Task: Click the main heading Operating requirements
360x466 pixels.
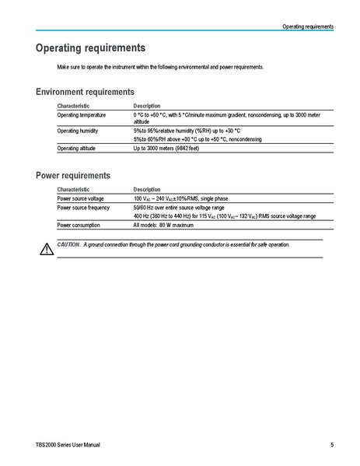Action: coord(90,48)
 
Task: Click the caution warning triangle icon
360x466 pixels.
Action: coord(44,247)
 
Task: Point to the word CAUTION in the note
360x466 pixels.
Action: coord(68,244)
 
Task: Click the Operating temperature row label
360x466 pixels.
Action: coord(80,115)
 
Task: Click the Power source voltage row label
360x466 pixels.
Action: coord(80,198)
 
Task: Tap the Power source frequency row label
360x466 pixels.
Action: coord(83,208)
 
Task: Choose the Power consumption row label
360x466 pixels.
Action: coord(79,225)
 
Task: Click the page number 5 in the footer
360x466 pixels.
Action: coord(332,445)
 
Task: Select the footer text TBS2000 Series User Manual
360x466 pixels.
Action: coord(68,445)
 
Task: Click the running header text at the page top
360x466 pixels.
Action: coord(308,26)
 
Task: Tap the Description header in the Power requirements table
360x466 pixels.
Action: coord(146,189)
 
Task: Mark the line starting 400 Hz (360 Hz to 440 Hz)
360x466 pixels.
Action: coord(224,216)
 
